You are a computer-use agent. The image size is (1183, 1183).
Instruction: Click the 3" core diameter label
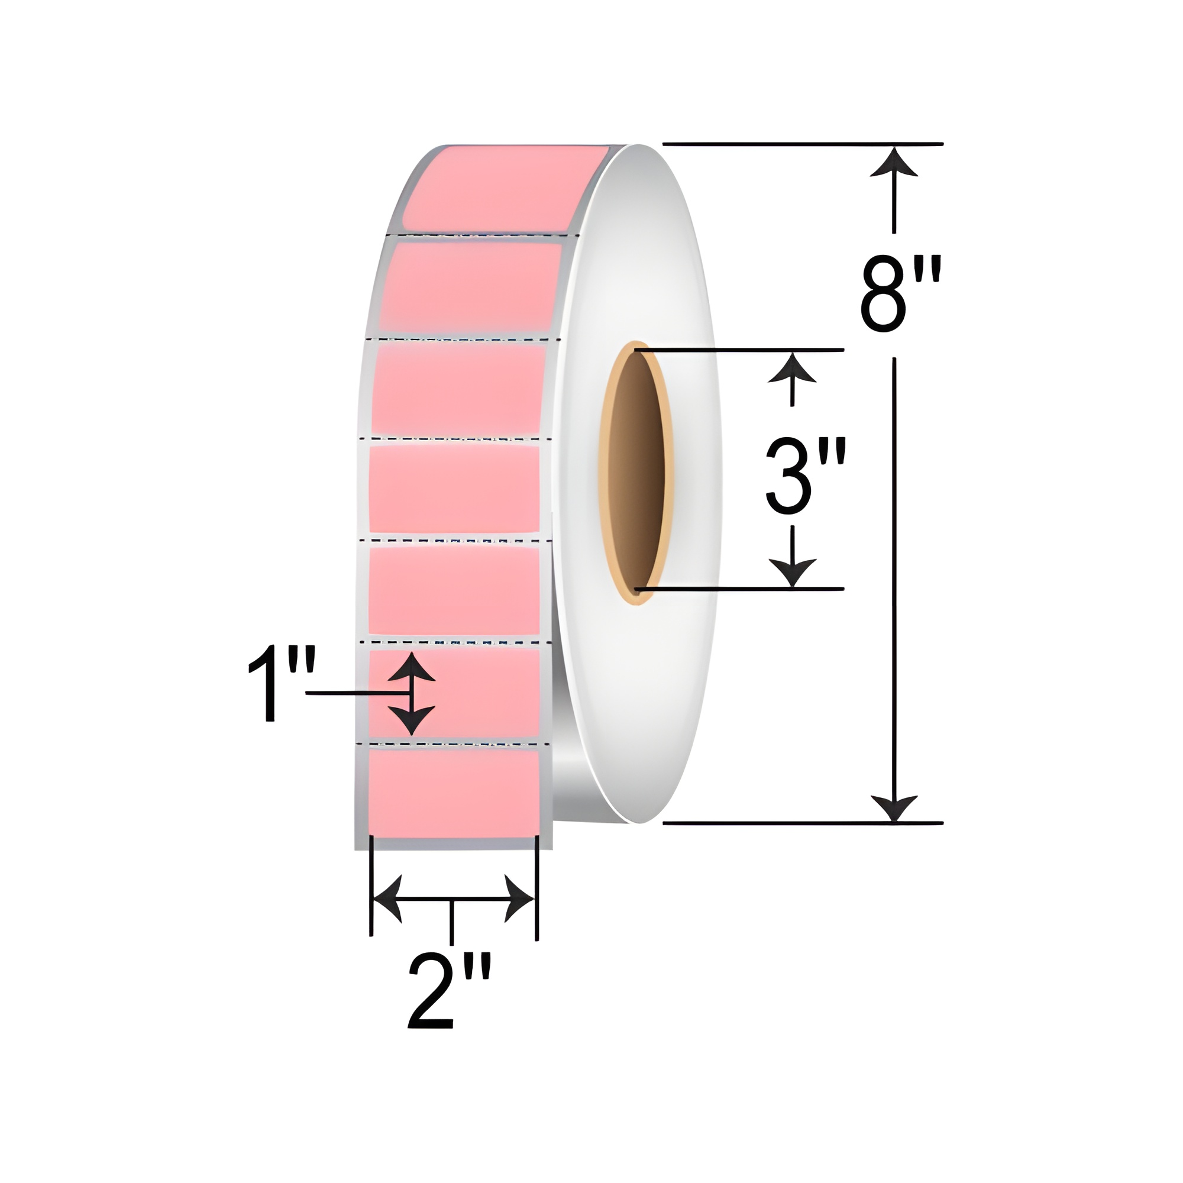tap(805, 476)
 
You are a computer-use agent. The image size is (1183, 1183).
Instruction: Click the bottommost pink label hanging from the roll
tap(453, 793)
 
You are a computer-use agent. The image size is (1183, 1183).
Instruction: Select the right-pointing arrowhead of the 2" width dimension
tap(519, 899)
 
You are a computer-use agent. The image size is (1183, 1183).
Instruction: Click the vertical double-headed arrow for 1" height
tap(412, 693)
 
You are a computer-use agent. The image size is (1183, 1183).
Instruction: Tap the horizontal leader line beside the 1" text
tap(355, 693)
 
